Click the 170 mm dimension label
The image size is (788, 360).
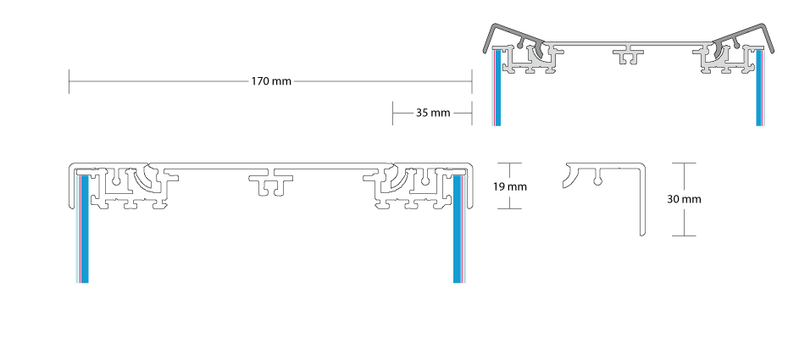(x=271, y=81)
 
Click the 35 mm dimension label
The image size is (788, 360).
(x=433, y=113)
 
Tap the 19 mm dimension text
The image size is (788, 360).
(x=509, y=187)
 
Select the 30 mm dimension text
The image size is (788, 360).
(x=684, y=199)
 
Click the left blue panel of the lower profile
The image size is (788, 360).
(x=84, y=229)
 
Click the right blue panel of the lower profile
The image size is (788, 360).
(x=458, y=229)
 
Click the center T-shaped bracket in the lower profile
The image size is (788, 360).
(x=271, y=183)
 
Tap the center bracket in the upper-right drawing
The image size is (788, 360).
(x=629, y=54)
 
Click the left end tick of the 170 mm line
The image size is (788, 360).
(x=69, y=81)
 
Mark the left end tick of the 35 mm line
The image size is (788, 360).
(x=393, y=113)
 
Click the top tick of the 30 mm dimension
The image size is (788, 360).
(x=683, y=163)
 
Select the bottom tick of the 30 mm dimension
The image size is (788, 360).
(x=683, y=235)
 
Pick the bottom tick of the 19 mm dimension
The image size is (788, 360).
(x=509, y=208)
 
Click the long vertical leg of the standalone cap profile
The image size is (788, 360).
(x=642, y=201)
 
